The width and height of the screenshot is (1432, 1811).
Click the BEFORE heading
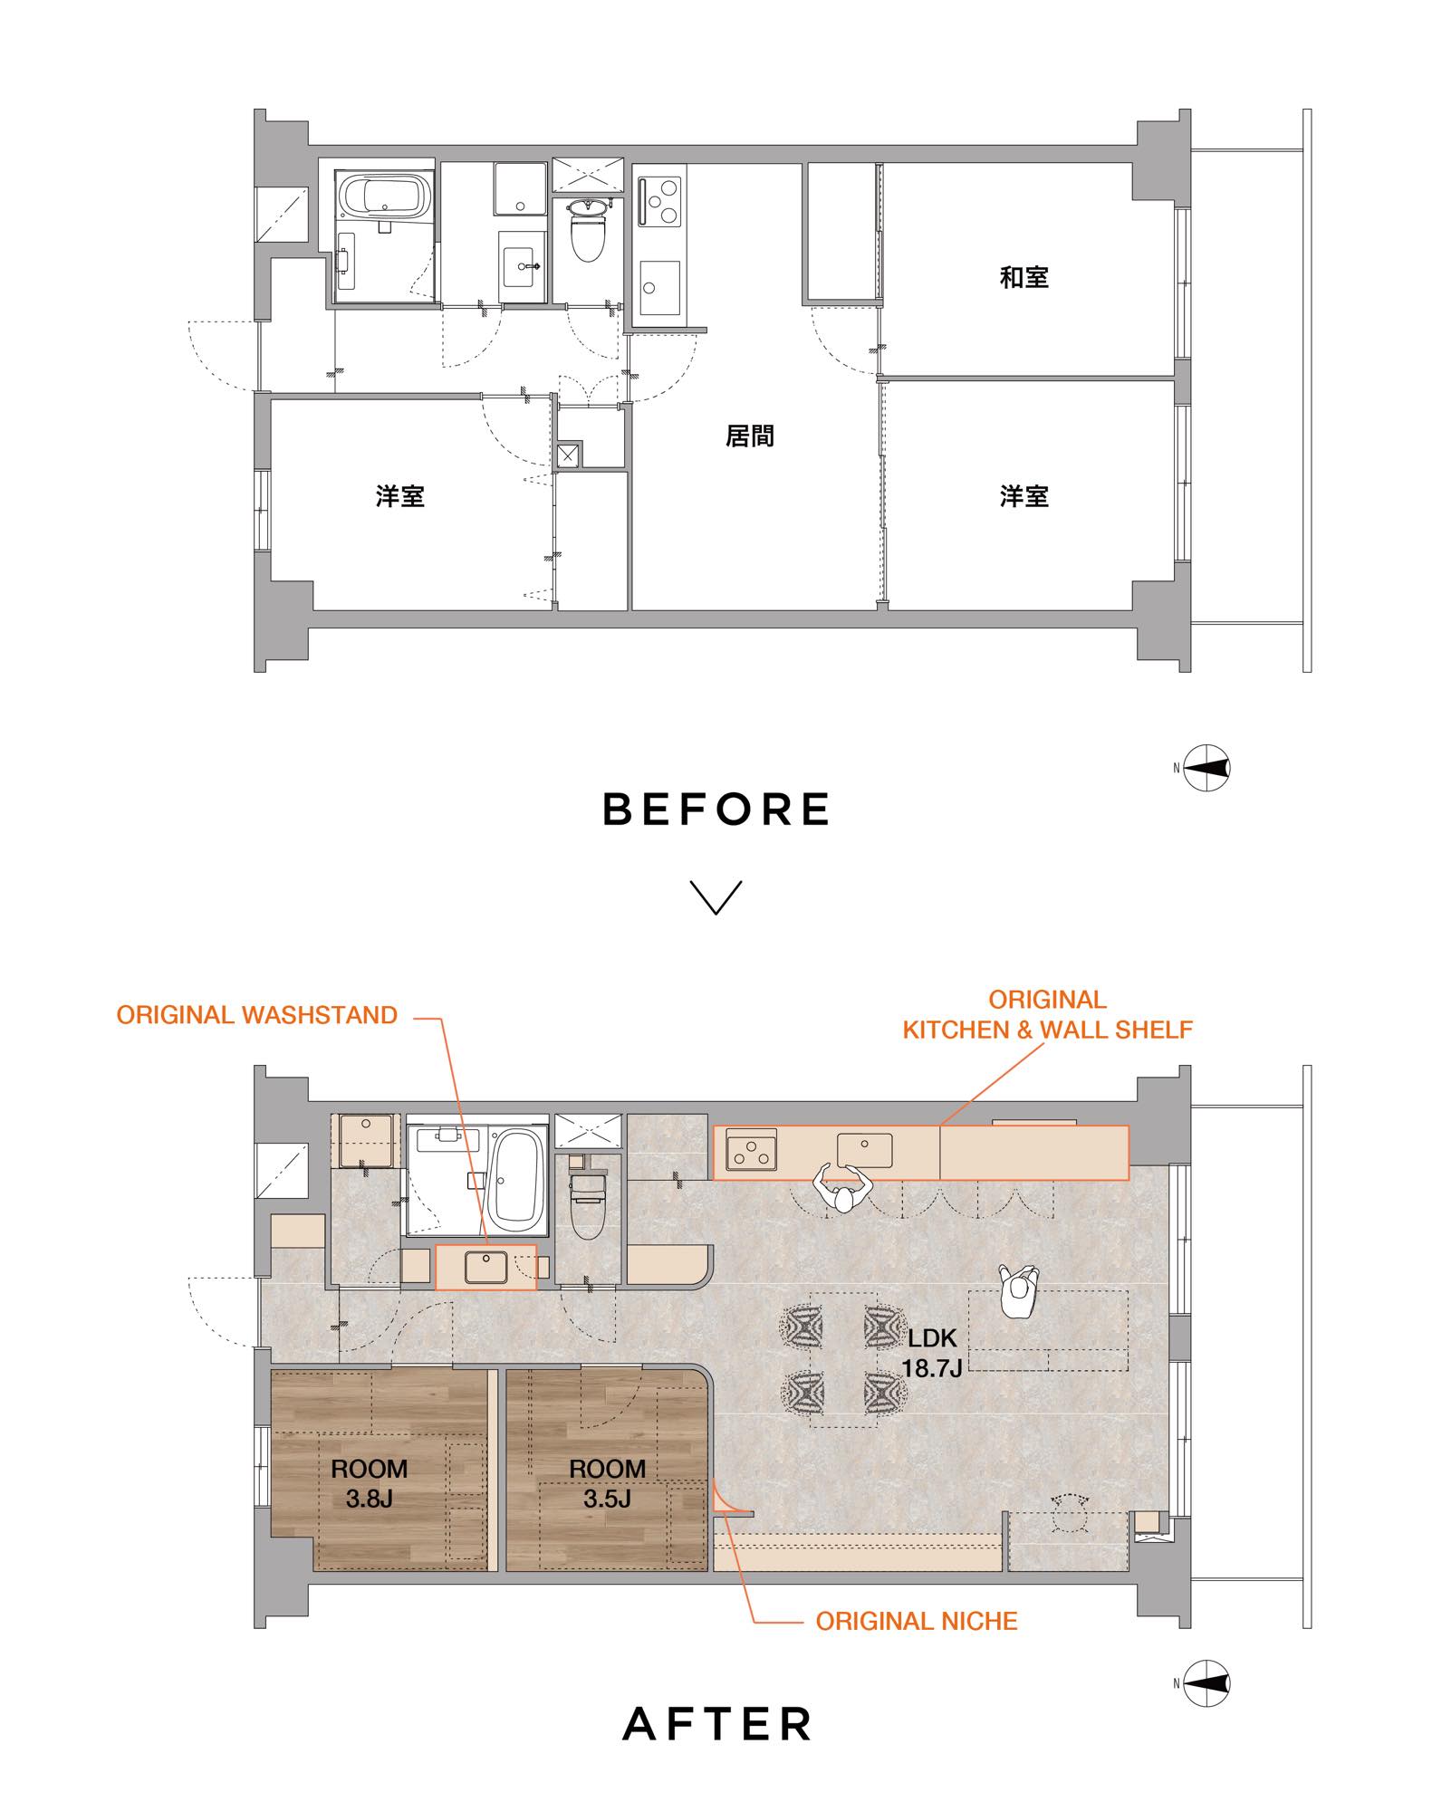pyautogui.click(x=716, y=809)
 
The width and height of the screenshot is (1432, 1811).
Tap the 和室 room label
pyautogui.click(x=1024, y=277)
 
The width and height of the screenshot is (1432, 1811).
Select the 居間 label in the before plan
pyautogui.click(x=750, y=436)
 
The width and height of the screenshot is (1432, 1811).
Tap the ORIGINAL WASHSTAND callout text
pyautogui.click(x=257, y=1015)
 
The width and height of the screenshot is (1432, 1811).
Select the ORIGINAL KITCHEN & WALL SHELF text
pyautogui.click(x=1047, y=1015)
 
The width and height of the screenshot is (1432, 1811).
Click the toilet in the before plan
pyautogui.click(x=588, y=230)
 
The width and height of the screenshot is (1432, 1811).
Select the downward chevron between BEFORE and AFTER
pyautogui.click(x=716, y=896)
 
